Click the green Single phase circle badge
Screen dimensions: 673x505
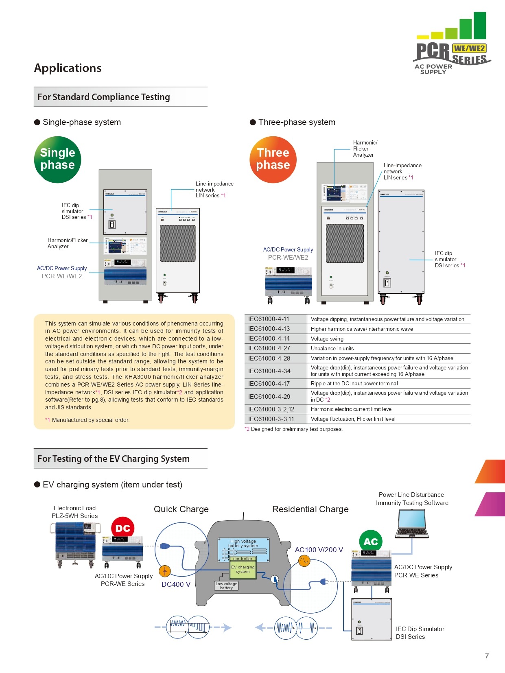click(57, 160)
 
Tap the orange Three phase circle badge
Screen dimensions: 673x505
click(273, 160)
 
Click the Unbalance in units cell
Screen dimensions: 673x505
click(332, 348)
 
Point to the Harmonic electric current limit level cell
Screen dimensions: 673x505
click(352, 409)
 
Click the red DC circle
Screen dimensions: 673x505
click(122, 528)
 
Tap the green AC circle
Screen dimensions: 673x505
click(371, 542)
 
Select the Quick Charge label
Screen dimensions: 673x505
click(181, 509)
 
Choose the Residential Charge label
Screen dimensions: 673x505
click(310, 509)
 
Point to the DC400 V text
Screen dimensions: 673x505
click(176, 584)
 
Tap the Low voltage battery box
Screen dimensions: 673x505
click(226, 586)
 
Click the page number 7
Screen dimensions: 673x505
click(487, 656)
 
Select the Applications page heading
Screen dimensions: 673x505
click(68, 68)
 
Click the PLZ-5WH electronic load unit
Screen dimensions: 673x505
click(75, 545)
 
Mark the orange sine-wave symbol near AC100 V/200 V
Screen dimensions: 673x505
click(304, 562)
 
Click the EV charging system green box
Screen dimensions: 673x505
click(243, 569)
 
